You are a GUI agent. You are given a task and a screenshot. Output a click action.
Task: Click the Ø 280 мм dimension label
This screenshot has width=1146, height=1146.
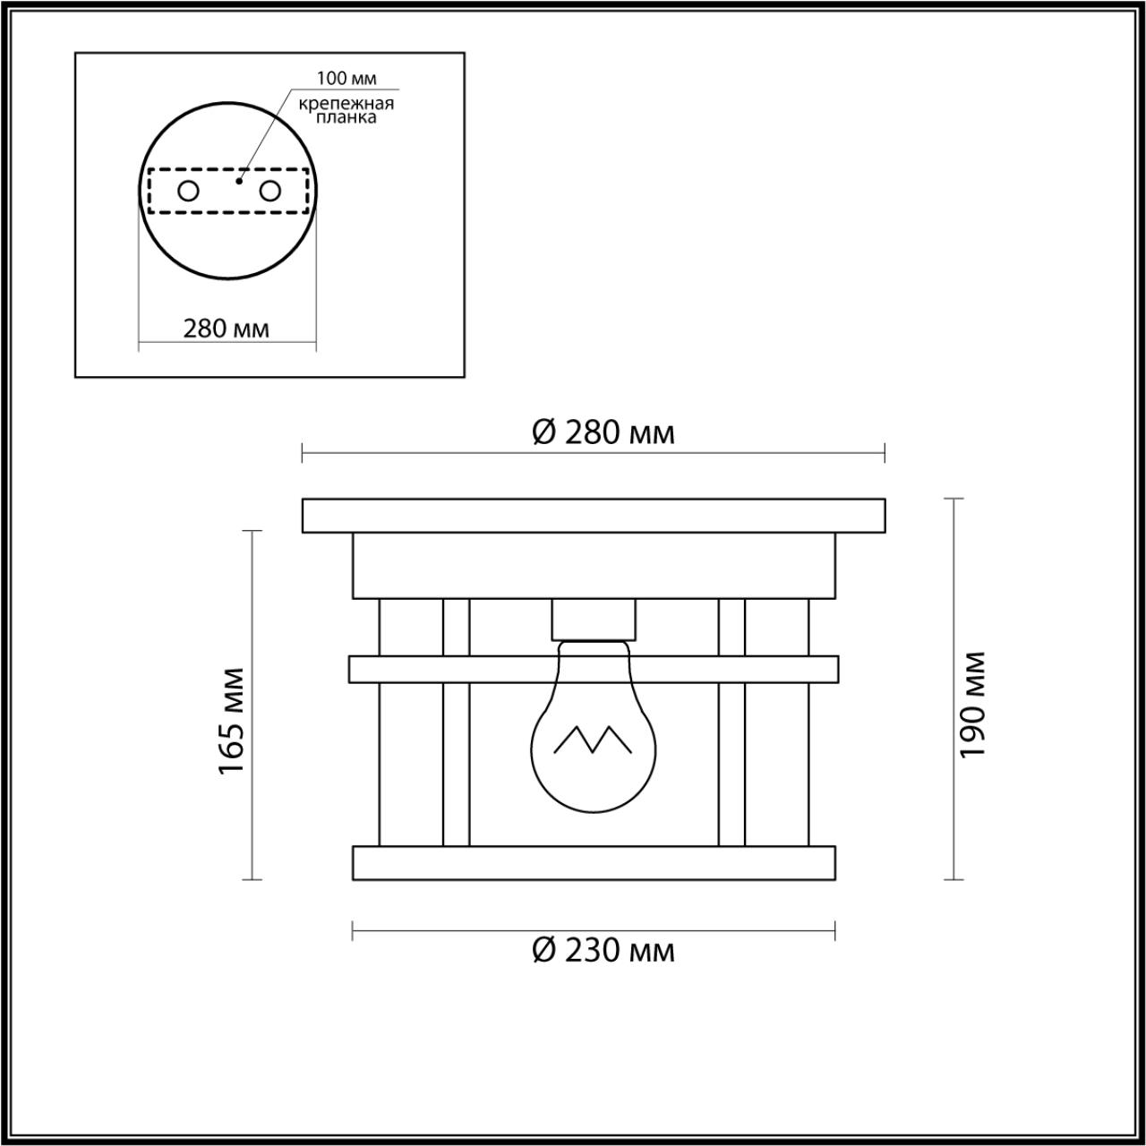603,432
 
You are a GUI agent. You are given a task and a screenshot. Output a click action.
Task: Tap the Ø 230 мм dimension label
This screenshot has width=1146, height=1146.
603,950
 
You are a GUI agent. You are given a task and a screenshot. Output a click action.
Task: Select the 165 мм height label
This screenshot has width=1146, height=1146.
232,722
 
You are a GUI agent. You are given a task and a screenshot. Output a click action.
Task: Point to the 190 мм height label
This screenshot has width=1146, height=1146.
972,704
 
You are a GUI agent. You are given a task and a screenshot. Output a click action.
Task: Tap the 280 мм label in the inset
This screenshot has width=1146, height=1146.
227,328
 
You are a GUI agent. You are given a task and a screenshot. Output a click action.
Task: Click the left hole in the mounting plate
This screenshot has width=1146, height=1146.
188,191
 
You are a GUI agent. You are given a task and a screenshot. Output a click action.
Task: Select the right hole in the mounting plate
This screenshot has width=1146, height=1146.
269,191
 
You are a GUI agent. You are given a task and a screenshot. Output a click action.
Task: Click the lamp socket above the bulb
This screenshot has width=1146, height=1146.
594,618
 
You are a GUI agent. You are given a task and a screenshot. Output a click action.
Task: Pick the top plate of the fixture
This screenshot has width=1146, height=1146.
594,516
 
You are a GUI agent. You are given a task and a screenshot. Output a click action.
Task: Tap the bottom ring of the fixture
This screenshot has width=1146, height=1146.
594,862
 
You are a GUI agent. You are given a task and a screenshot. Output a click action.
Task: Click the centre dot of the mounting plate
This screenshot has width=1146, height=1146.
238,180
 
